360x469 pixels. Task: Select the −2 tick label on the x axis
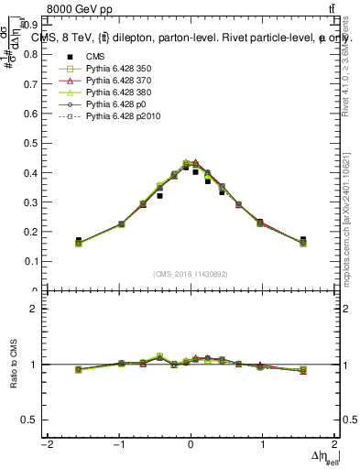click(46, 444)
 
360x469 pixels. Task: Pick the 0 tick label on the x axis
click(191, 444)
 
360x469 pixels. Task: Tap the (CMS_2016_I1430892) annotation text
click(191, 274)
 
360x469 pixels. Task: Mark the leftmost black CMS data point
click(78, 240)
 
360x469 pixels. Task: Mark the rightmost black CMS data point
click(303, 240)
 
